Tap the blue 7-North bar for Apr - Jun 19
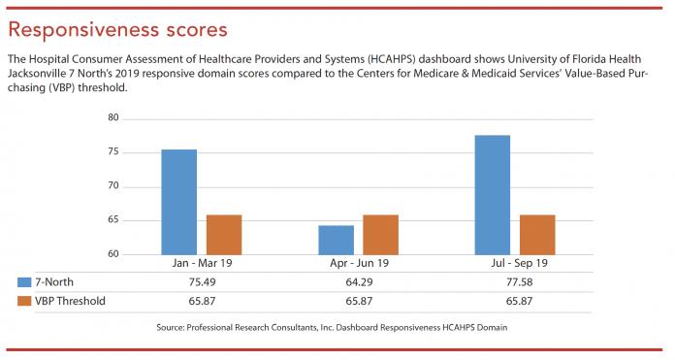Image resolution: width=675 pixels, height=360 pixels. click(336, 240)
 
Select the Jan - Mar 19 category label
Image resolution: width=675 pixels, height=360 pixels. click(202, 264)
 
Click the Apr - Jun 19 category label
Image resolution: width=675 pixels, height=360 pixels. click(358, 264)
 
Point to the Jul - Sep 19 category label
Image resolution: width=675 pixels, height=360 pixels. click(515, 264)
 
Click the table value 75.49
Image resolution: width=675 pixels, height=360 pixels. click(202, 281)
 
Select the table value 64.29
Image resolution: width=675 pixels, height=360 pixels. click(358, 281)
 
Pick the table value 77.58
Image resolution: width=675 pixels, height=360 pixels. click(515, 281)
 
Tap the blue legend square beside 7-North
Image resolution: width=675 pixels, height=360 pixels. click(25, 281)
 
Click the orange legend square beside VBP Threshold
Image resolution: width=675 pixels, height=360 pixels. click(25, 301)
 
